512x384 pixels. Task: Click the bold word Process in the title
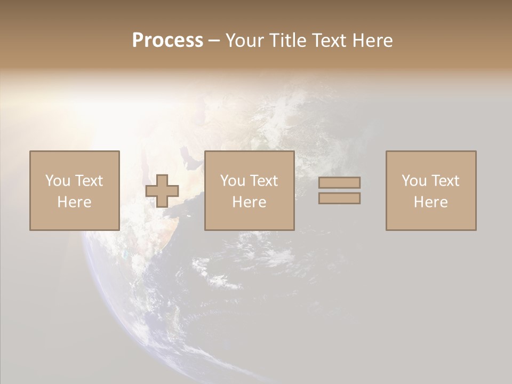point(167,41)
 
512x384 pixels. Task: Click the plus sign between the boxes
point(162,191)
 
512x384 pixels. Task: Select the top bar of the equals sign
point(339,182)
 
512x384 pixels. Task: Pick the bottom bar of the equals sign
point(339,198)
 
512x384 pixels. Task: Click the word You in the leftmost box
point(58,181)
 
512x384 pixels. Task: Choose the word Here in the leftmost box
point(74,202)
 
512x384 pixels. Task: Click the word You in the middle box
point(233,181)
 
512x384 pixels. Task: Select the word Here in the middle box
point(249,202)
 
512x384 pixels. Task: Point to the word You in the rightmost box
point(414,181)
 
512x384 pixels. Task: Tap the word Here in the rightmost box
point(430,202)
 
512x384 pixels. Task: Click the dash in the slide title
point(214,41)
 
